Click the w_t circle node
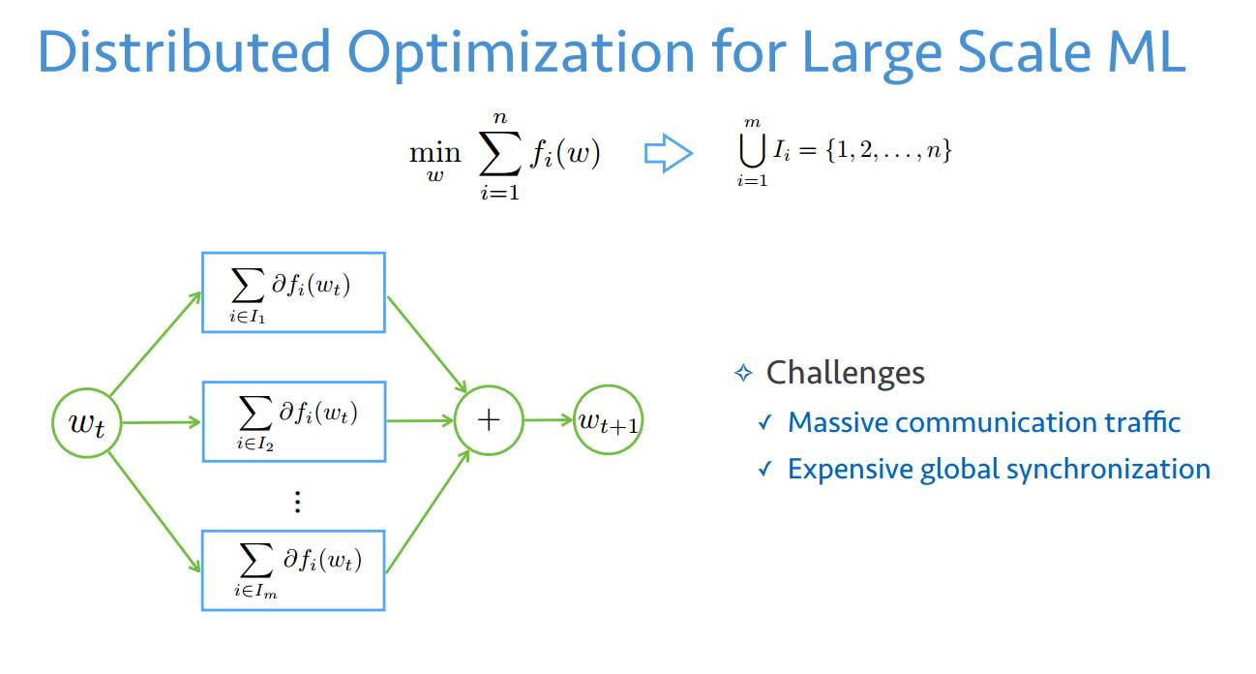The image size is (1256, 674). tap(85, 422)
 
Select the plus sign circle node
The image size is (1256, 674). tap(489, 420)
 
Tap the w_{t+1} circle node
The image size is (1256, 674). tap(609, 420)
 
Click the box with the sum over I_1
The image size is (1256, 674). tap(293, 292)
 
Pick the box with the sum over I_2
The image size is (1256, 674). tap(293, 420)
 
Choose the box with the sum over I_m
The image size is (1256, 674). tap(293, 569)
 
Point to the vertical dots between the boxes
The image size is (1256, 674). tap(297, 502)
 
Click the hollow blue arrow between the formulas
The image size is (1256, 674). tap(669, 154)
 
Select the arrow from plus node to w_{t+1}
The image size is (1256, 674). tap(549, 420)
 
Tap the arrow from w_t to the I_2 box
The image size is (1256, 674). tap(161, 422)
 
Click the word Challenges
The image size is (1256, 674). tap(845, 373)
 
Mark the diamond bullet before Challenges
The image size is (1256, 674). tap(743, 374)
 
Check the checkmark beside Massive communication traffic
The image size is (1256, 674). tap(765, 423)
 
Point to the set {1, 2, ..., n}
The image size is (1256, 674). tap(887, 151)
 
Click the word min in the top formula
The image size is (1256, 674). tap(434, 152)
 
